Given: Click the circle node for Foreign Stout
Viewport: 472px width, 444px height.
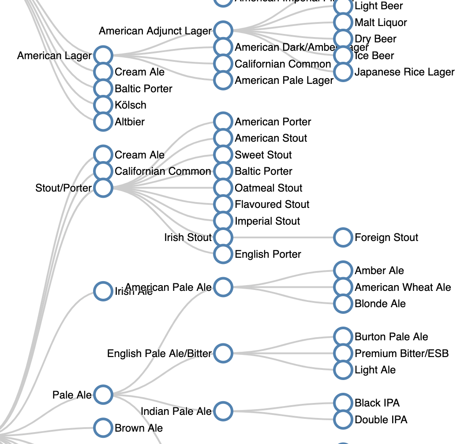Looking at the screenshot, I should (343, 237).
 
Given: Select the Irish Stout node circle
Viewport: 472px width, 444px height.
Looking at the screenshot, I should (223, 237).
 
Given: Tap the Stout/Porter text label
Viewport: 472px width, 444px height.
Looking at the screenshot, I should (64, 188).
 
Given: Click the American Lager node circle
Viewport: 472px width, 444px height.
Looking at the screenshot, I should (103, 56).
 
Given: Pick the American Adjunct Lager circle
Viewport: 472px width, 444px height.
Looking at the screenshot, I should (223, 30).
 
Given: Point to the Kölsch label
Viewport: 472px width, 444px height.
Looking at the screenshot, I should (131, 105).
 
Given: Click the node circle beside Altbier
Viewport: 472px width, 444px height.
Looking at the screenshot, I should (103, 122).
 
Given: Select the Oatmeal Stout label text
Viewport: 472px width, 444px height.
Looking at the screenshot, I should (268, 188).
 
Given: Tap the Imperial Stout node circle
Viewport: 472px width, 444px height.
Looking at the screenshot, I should (223, 221).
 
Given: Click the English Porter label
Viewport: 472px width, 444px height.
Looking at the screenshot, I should (268, 254).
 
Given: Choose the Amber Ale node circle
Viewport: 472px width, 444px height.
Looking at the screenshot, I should (343, 270).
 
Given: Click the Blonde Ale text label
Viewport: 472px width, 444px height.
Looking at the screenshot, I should (380, 304).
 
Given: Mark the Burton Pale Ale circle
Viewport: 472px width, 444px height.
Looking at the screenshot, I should (343, 336).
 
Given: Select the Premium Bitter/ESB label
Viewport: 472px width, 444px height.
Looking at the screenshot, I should (401, 354).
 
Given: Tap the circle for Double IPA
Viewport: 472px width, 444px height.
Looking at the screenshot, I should (343, 420).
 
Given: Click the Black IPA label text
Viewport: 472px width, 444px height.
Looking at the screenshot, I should (377, 403).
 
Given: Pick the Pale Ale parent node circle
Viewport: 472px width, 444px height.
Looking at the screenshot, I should (103, 394).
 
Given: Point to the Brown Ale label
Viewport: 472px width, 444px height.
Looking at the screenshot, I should (139, 428).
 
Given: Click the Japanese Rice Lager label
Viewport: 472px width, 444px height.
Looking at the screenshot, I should (404, 72).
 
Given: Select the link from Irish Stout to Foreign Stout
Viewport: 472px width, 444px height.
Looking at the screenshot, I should (282, 237).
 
